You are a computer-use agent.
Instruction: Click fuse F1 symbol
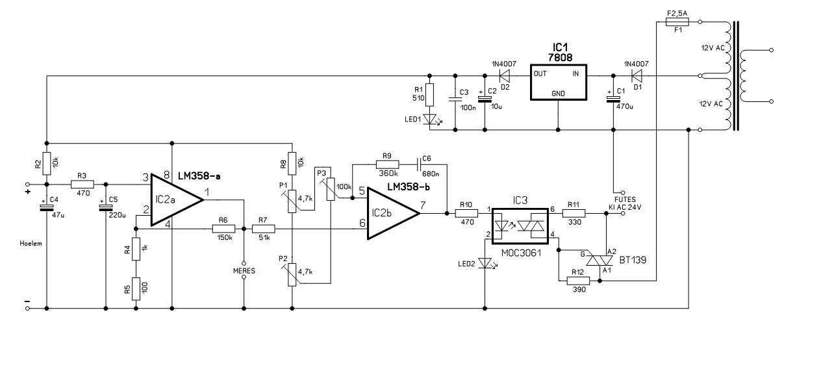coord(677,22)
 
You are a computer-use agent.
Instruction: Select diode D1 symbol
coord(637,76)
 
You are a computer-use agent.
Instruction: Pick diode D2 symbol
coord(505,76)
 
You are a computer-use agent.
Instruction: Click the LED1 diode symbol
coord(430,120)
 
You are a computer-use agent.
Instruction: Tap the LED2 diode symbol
coord(485,263)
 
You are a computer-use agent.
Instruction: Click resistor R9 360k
coord(387,164)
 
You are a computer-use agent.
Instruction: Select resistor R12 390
coord(578,281)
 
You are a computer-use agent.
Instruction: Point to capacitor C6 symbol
coord(418,164)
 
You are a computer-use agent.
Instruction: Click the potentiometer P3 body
coord(331,189)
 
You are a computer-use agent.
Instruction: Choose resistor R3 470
coord(82,185)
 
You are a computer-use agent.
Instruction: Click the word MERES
coord(244,271)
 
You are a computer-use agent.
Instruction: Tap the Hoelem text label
coord(31,244)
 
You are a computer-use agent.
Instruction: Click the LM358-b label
coord(409,187)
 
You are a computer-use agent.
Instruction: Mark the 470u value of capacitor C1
coord(625,107)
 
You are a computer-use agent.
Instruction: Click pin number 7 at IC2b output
coord(423,205)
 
